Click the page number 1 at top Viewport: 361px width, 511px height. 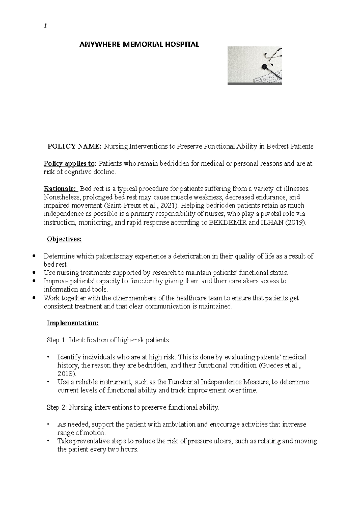[x=45, y=26]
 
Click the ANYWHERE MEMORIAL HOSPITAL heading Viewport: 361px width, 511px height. [x=139, y=45]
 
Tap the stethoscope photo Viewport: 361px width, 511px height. [x=255, y=66]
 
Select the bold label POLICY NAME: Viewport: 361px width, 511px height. [x=75, y=147]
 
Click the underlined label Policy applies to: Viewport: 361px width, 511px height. [x=70, y=164]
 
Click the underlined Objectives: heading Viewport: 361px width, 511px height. [x=64, y=240]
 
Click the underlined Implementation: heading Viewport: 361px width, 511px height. [x=73, y=323]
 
